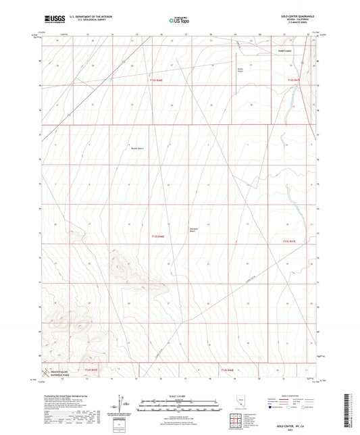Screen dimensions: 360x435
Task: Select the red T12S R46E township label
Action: [x=157, y=80]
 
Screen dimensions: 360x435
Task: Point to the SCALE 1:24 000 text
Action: [x=179, y=396]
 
